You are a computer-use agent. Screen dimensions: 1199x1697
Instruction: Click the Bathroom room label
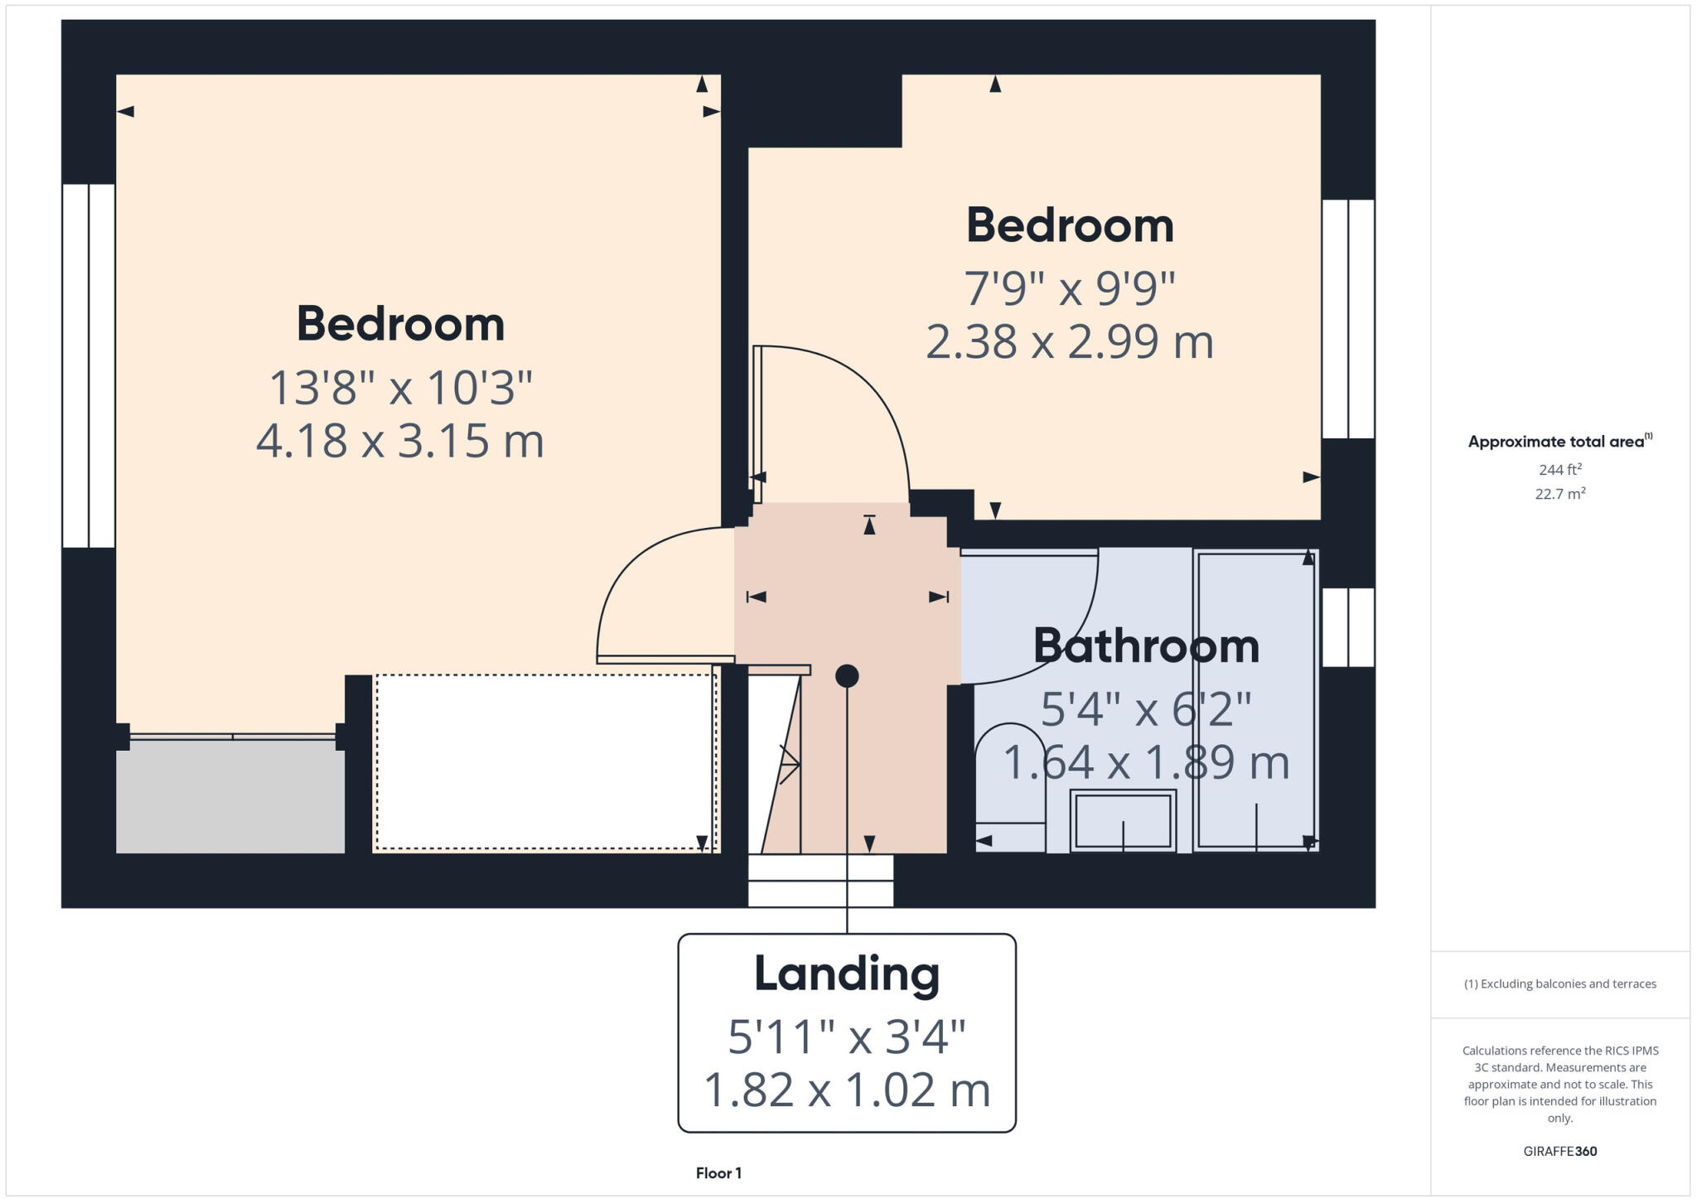click(x=1146, y=646)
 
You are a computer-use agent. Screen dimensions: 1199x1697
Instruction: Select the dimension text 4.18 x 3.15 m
click(x=399, y=441)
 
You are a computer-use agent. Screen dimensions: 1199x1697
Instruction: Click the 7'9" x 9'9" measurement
click(x=1069, y=289)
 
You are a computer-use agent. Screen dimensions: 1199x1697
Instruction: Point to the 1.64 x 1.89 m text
click(x=1146, y=762)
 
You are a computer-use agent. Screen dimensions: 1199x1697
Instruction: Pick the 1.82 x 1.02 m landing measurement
click(x=846, y=1090)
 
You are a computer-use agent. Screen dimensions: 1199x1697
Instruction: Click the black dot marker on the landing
click(x=846, y=676)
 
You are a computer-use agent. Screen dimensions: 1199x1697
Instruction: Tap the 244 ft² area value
click(x=1559, y=470)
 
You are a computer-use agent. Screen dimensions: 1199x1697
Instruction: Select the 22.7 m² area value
click(x=1559, y=494)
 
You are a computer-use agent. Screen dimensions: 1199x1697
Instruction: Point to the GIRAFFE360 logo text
click(x=1559, y=1151)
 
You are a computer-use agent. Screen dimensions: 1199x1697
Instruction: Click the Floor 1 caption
click(x=718, y=1173)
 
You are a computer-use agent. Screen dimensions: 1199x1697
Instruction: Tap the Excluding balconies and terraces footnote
click(x=1559, y=984)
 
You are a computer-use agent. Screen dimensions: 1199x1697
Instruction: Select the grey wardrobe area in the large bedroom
click(x=230, y=795)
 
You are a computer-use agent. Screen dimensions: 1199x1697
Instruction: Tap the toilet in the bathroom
click(x=1009, y=787)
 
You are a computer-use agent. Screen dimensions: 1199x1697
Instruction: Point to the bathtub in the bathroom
click(x=1255, y=700)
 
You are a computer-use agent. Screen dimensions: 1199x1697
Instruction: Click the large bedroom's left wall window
click(x=88, y=365)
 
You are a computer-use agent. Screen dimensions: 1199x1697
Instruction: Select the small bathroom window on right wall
click(x=1347, y=627)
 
